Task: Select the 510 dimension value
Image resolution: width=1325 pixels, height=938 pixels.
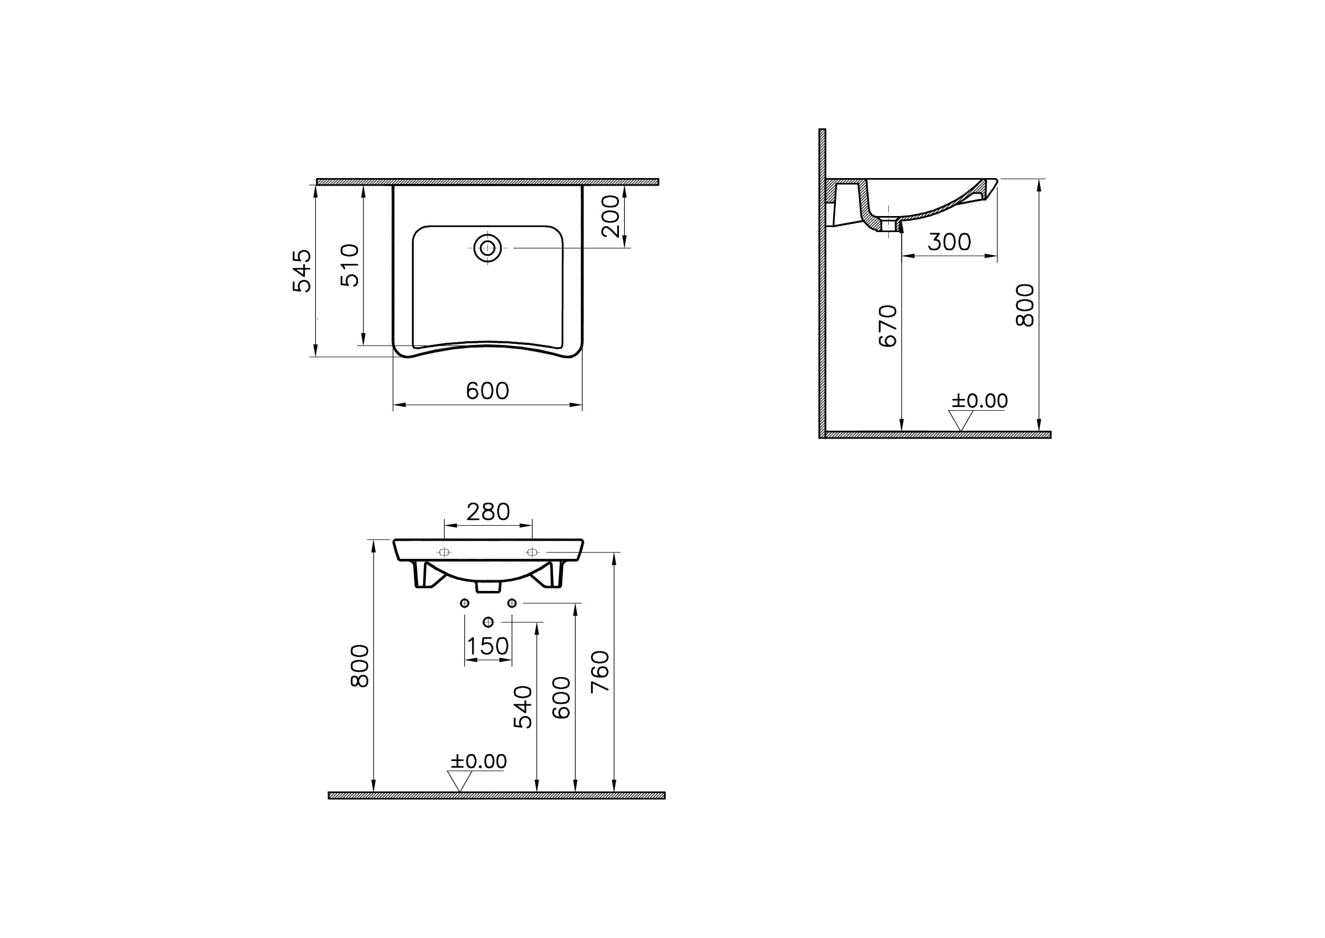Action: pos(350,265)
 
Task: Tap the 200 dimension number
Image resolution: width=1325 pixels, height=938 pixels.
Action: pos(610,216)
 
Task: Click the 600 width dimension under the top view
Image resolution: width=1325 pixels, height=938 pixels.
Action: pos(487,391)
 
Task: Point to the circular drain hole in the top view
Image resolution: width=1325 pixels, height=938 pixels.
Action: pos(488,248)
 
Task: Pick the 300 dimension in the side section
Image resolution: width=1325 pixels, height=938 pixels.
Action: pos(949,242)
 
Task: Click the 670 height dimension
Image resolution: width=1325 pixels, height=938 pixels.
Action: pos(888,326)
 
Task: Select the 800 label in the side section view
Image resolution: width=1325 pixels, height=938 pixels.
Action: pos(1025,305)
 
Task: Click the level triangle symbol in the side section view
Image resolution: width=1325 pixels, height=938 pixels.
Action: pos(960,420)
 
